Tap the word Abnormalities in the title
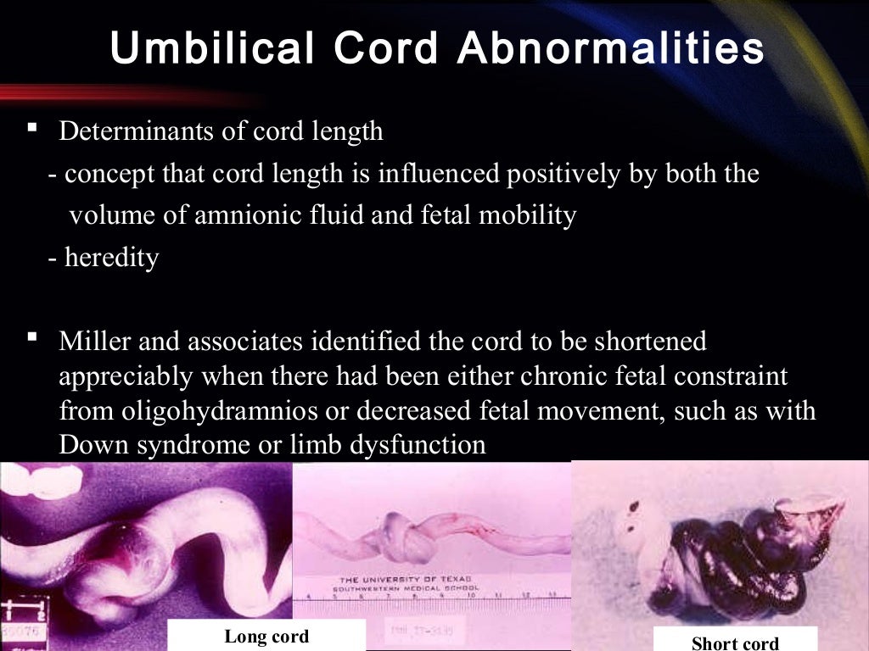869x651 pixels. point(611,49)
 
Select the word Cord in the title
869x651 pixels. point(389,49)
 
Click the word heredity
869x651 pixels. point(112,259)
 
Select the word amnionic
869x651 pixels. point(244,215)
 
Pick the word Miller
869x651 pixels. point(93,342)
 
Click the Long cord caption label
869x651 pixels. point(266,637)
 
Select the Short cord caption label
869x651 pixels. point(735,643)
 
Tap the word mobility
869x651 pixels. point(527,215)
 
